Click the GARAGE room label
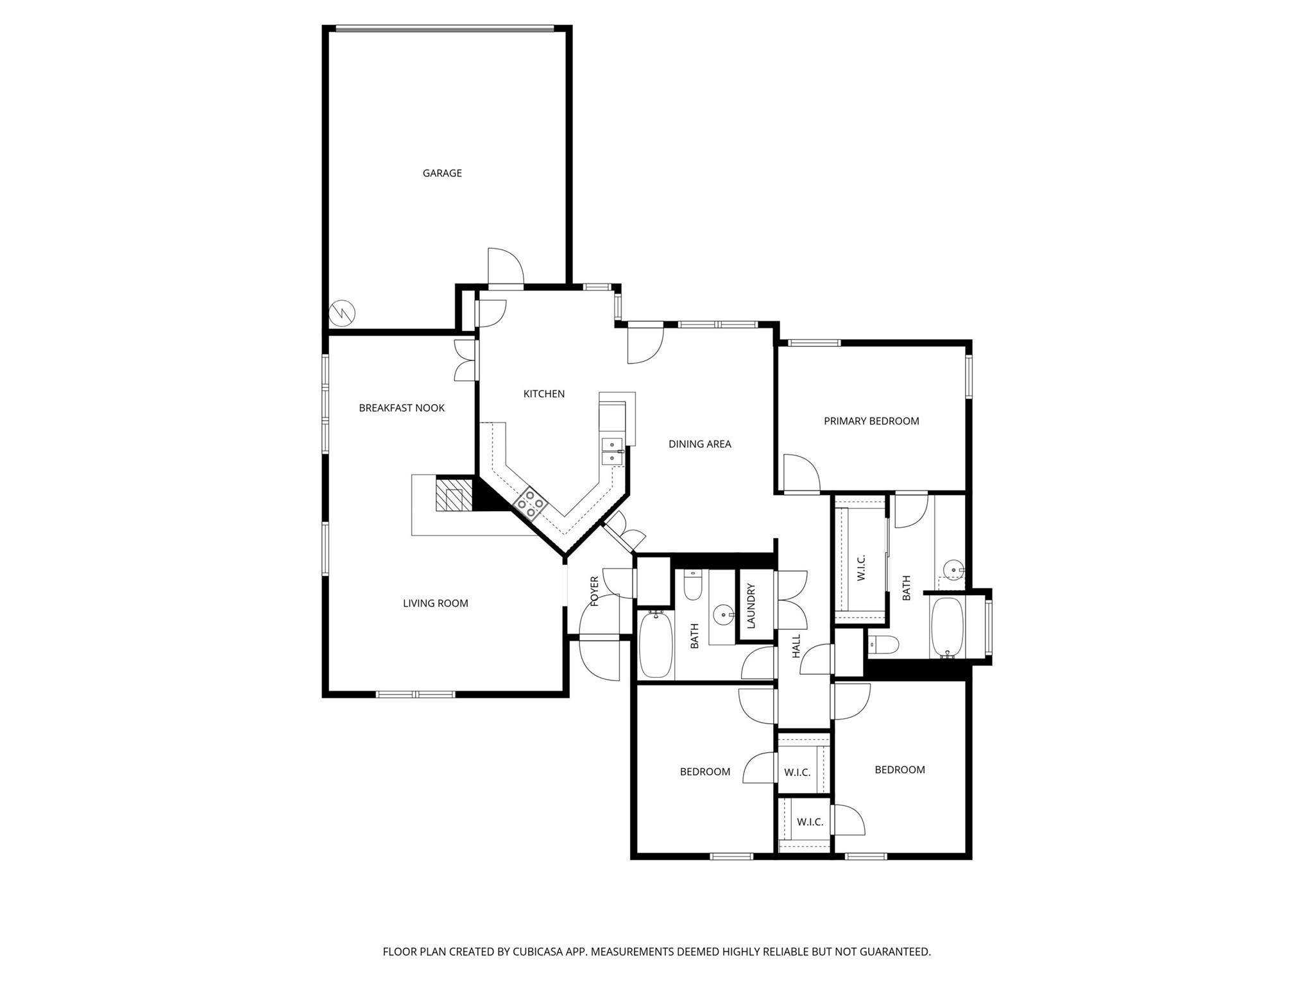[442, 173]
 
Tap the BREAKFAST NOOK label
[402, 408]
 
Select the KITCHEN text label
[544, 394]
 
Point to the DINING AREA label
[699, 444]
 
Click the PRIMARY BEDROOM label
[871, 421]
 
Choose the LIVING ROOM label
[436, 603]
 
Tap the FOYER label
[594, 591]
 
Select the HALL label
[796, 646]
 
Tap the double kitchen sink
[612, 451]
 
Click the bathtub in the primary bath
[947, 627]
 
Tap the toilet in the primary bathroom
[883, 644]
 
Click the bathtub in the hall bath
[655, 644]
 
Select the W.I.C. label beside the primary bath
[862, 568]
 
